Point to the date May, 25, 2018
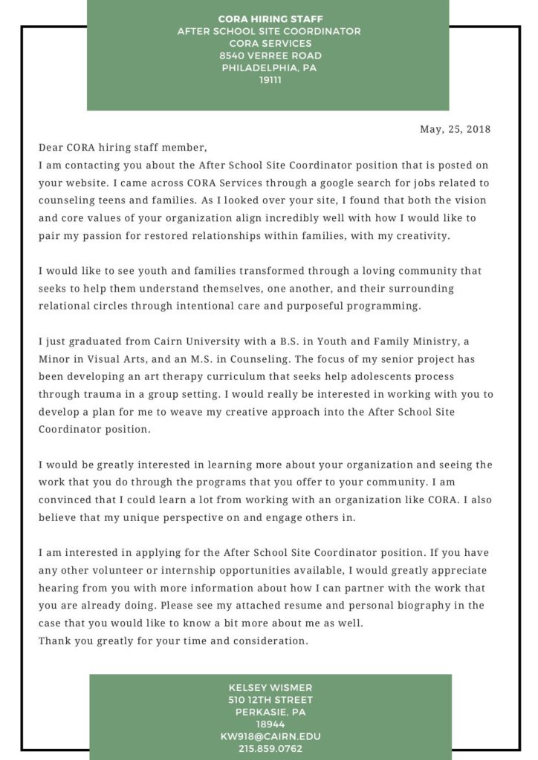455,129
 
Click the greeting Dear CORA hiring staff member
123,148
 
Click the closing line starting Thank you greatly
173,641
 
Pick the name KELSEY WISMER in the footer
270,688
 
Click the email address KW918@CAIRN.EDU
270,736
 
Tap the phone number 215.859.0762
270,748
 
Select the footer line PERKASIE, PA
270,712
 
